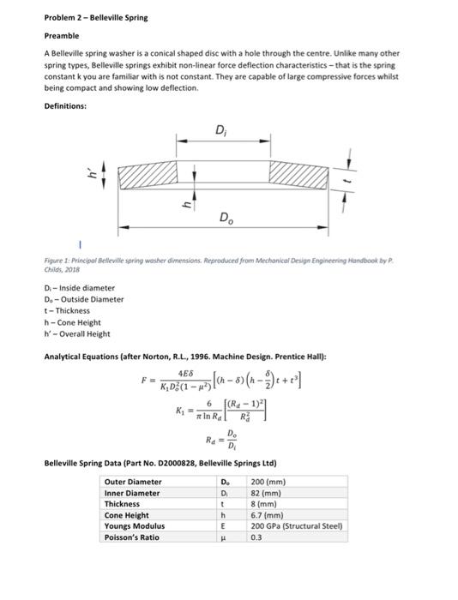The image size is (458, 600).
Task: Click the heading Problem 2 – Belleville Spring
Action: click(x=95, y=17)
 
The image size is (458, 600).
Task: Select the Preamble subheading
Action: click(x=61, y=36)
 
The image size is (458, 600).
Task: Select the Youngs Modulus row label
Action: click(x=133, y=525)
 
